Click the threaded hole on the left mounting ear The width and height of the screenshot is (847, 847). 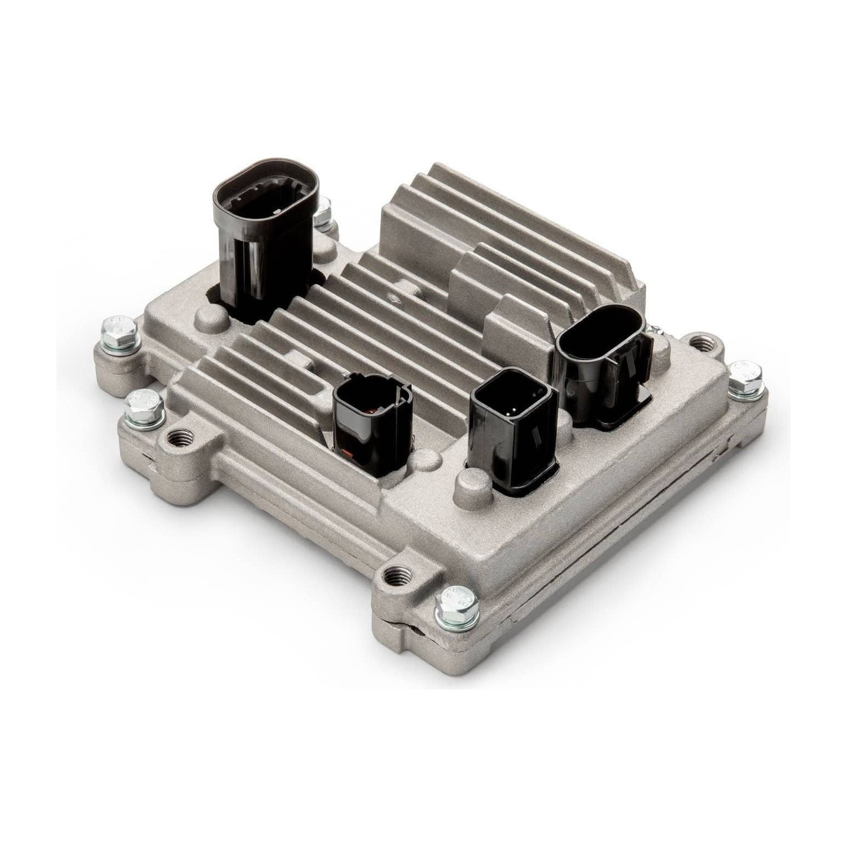point(177,438)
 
